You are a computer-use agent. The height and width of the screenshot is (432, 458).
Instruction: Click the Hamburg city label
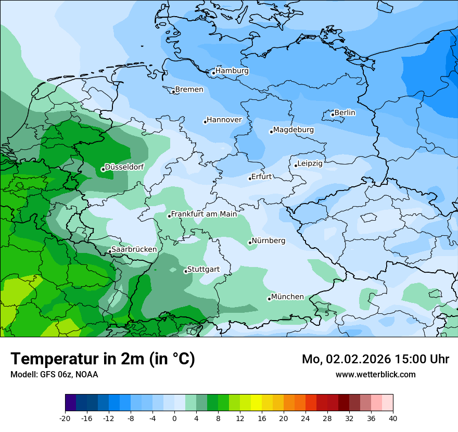point(232,71)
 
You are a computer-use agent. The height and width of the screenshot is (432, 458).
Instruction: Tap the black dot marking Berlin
point(333,115)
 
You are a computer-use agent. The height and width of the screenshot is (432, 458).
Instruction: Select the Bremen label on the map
point(189,90)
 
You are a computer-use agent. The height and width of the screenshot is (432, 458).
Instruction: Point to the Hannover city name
point(224,120)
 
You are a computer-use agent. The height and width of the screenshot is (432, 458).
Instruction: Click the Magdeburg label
point(294,130)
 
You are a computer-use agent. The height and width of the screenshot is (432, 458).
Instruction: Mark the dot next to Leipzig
point(296,166)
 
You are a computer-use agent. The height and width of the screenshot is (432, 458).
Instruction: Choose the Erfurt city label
point(261,176)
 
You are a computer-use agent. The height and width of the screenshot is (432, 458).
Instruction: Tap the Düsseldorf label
point(124,167)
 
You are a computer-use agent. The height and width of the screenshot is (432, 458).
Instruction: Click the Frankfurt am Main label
point(204,214)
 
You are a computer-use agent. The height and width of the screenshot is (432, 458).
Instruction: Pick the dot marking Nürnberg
point(250,243)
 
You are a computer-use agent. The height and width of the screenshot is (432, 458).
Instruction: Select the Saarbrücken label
point(134,249)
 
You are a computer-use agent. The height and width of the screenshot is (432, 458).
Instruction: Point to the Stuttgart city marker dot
point(186,271)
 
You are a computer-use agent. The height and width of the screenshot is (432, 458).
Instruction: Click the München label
point(287,297)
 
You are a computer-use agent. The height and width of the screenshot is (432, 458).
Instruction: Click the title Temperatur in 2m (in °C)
point(103,359)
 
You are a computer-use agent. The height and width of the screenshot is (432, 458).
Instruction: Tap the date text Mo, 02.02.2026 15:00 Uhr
point(375,359)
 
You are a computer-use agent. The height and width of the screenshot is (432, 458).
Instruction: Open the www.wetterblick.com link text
point(375,374)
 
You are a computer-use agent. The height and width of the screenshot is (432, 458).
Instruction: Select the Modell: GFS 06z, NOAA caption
point(54,374)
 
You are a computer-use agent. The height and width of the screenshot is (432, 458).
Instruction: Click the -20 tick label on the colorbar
point(65,418)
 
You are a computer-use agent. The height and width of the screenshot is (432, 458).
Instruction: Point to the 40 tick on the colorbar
point(392,418)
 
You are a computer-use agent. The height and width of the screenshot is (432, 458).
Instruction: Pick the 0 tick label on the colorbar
point(174,418)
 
